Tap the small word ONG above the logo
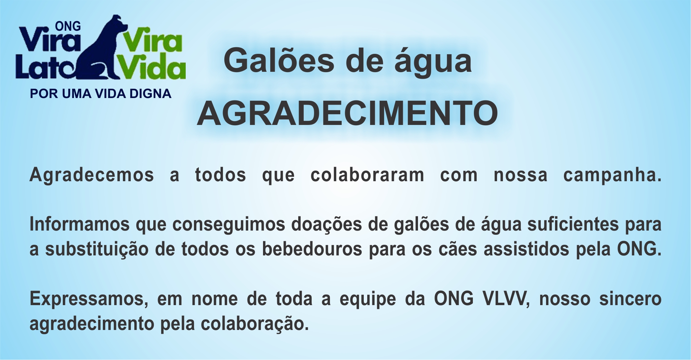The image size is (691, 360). click(x=68, y=26)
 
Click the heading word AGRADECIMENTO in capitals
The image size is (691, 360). click(x=347, y=114)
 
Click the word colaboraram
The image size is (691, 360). click(x=367, y=175)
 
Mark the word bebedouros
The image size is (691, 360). click(x=312, y=249)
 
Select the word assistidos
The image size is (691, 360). click(x=526, y=249)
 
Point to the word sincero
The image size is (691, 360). click(x=630, y=299)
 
